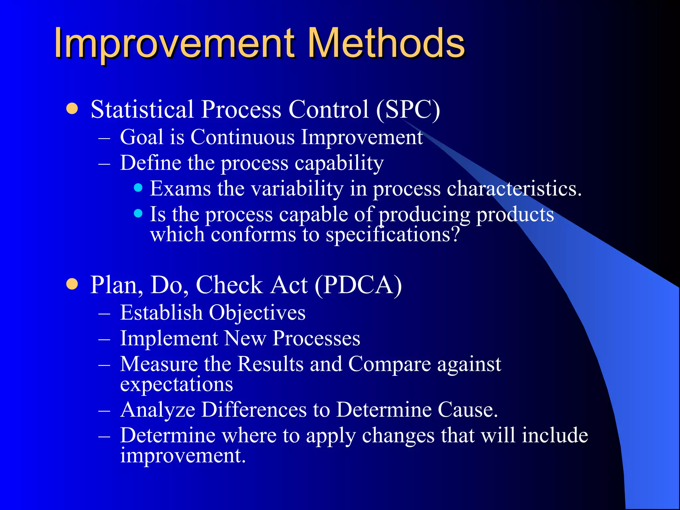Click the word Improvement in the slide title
pyautogui.click(x=175, y=43)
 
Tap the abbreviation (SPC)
pyautogui.click(x=408, y=110)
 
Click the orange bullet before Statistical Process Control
pyautogui.click(x=72, y=109)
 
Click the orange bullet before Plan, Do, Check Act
pyautogui.click(x=72, y=284)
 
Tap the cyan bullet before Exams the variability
pyautogui.click(x=138, y=188)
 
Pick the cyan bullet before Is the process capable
pyautogui.click(x=138, y=213)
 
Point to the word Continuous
pyautogui.click(x=242, y=137)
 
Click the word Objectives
pyautogui.click(x=257, y=313)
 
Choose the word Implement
pyautogui.click(x=169, y=338)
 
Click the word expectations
pyautogui.click(x=176, y=384)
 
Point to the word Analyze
pyautogui.click(x=158, y=410)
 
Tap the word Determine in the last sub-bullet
pyautogui.click(x=168, y=435)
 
